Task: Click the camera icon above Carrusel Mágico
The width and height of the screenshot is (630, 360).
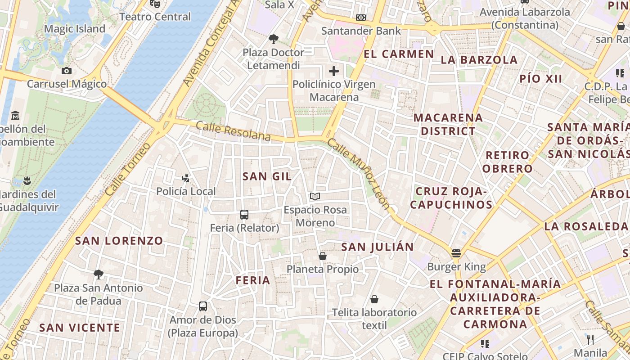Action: (x=67, y=71)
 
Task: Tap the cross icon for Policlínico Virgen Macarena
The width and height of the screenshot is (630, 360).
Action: (x=334, y=71)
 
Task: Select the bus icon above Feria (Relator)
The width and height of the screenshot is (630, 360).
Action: (x=244, y=215)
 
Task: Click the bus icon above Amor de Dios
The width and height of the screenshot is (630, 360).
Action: (x=203, y=306)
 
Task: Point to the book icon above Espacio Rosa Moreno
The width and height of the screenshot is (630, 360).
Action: (x=315, y=197)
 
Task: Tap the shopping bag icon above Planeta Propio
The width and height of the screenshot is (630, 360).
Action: (x=323, y=256)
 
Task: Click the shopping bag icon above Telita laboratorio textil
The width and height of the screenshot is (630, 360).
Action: (x=374, y=299)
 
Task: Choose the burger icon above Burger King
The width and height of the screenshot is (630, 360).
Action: (x=456, y=253)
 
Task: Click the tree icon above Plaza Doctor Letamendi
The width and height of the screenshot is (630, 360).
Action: (x=273, y=39)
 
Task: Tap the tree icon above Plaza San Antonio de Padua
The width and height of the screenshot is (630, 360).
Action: (x=98, y=274)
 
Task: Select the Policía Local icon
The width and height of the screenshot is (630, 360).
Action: (x=185, y=178)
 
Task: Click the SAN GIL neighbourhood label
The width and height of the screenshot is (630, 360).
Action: (x=267, y=176)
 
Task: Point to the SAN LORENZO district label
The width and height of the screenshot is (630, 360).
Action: (x=119, y=241)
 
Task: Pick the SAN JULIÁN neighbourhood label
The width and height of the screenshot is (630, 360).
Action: (x=377, y=247)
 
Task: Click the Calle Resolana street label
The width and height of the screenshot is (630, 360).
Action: (x=233, y=131)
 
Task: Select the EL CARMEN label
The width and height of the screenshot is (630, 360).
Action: (x=399, y=54)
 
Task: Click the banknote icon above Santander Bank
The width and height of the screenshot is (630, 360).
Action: (x=360, y=18)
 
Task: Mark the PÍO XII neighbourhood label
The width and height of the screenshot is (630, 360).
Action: (x=540, y=79)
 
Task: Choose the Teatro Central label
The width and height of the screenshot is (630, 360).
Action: (x=155, y=17)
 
